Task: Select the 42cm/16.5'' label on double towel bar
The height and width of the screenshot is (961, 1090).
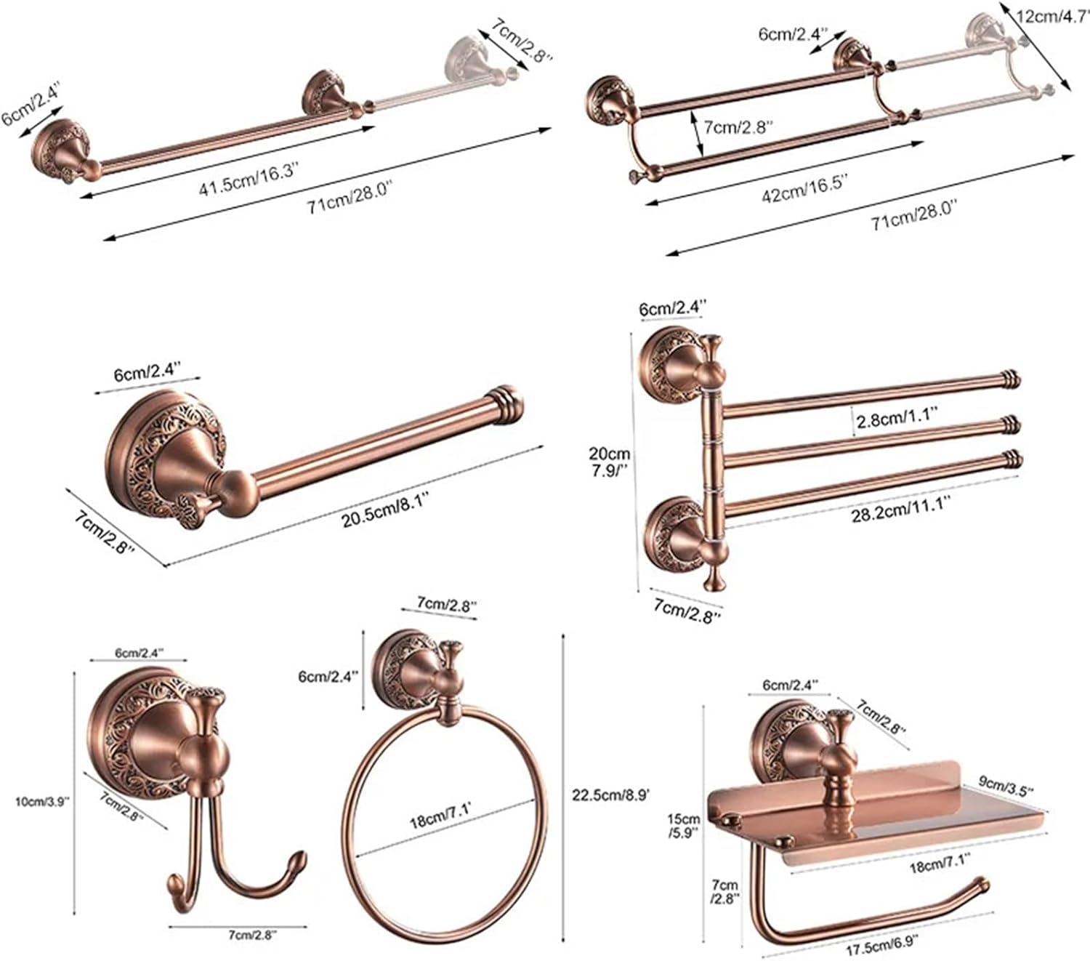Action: click(x=805, y=187)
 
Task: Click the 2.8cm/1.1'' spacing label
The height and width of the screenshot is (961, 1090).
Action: click(x=897, y=421)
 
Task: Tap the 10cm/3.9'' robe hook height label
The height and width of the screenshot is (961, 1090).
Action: click(x=42, y=801)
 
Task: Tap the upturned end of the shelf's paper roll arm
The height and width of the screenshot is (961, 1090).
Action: click(x=982, y=885)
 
